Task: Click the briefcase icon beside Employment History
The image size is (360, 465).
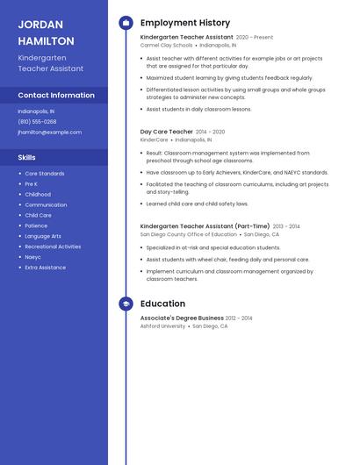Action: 126,23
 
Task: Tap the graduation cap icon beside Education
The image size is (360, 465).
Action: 126,304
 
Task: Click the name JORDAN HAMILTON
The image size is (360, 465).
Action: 46,33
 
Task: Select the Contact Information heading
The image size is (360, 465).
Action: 56,95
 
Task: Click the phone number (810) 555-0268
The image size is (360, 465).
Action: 37,122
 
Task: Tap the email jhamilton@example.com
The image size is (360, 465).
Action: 49,132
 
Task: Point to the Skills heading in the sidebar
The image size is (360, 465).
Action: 27,157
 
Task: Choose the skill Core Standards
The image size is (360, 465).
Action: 44,174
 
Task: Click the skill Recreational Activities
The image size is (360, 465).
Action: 53,247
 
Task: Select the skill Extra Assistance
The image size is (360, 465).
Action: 45,268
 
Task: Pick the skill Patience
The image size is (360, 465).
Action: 36,225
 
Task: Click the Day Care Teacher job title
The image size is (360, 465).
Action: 166,132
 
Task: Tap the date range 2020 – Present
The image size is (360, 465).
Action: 255,38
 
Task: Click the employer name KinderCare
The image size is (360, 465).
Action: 154,139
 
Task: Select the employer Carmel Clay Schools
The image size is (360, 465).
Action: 166,45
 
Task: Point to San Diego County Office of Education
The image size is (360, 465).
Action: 188,234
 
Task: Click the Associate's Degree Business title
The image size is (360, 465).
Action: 182,318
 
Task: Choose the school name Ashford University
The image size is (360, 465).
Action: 162,325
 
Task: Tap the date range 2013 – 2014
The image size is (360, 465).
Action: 286,226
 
